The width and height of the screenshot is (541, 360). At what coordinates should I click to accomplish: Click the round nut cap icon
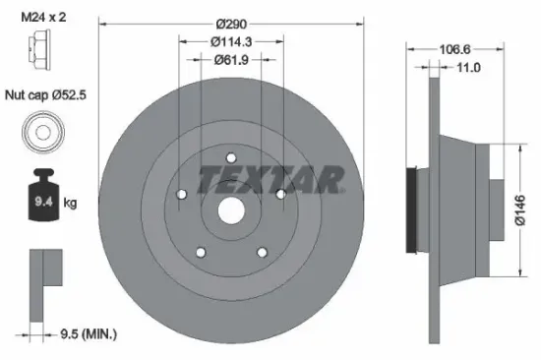point(41,133)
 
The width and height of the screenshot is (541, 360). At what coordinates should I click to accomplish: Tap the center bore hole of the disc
point(231,210)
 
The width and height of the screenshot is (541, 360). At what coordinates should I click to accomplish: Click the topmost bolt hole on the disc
point(231,157)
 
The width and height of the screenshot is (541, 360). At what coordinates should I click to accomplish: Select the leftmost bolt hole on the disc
point(182,194)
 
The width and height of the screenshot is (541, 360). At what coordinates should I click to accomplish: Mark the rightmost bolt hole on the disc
point(280,194)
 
